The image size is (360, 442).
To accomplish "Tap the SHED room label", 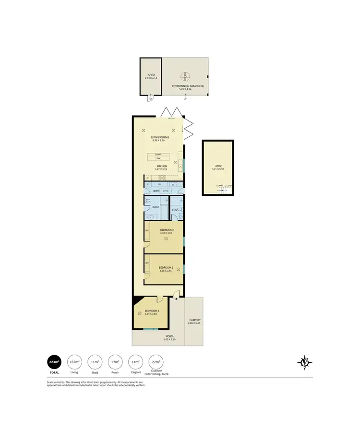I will click(x=151, y=75).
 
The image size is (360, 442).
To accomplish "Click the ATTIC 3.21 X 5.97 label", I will click(x=217, y=167).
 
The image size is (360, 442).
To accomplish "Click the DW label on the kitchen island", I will click(x=158, y=158).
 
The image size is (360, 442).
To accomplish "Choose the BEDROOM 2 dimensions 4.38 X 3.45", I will click(x=165, y=270).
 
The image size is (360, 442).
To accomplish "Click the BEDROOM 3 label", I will click(x=152, y=311).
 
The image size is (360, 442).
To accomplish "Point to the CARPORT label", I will click(x=194, y=320).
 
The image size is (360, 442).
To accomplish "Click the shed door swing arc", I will click(x=150, y=98).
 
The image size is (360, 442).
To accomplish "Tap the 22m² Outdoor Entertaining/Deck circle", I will click(x=156, y=361).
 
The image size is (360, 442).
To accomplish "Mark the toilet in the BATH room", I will click(x=148, y=201).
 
